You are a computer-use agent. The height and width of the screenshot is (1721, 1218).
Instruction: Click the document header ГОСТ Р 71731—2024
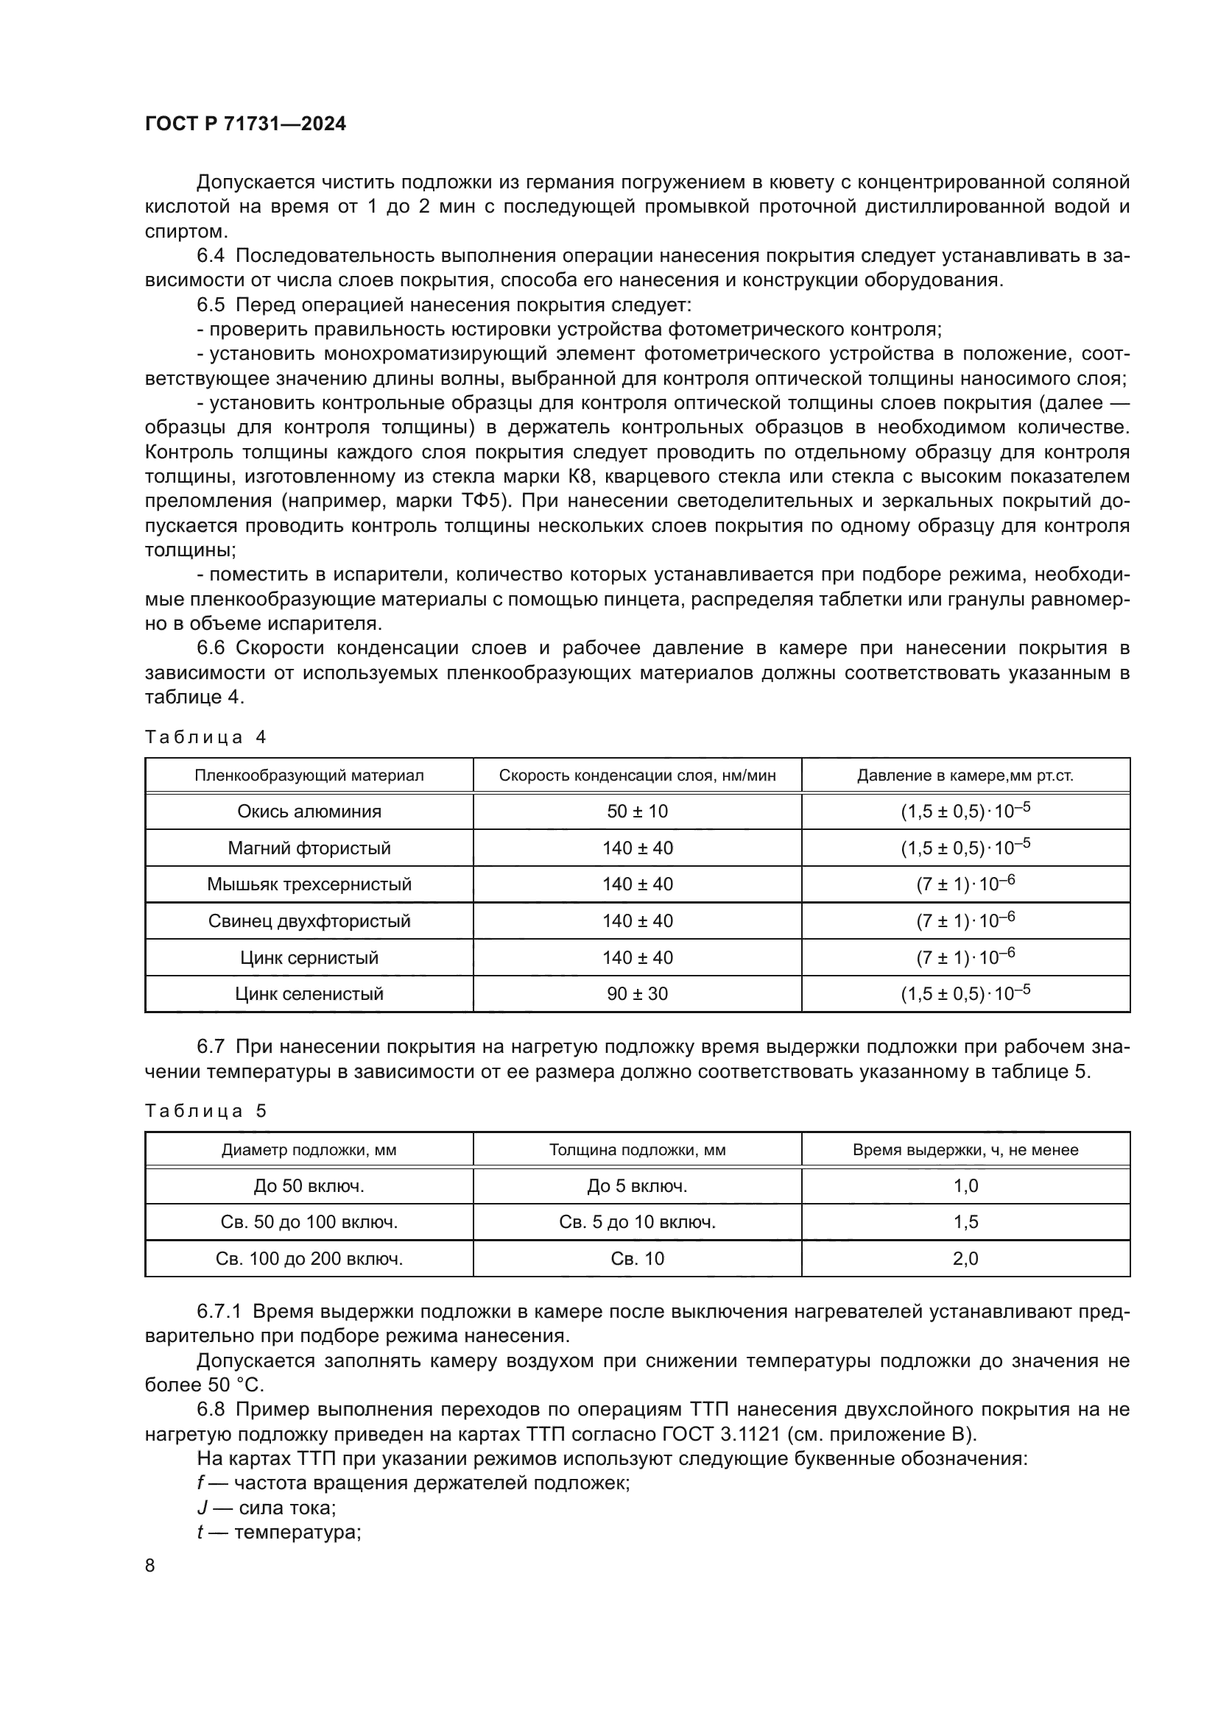(x=245, y=124)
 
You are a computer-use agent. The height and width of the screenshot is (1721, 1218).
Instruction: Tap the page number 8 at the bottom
(x=150, y=1565)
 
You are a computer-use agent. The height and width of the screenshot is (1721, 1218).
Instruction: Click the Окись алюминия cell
(x=309, y=811)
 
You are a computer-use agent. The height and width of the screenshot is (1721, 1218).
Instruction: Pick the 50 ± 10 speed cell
(x=637, y=811)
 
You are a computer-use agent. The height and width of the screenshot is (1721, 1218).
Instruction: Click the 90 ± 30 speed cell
(x=637, y=994)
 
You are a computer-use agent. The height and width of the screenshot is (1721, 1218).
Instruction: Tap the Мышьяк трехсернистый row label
(x=309, y=884)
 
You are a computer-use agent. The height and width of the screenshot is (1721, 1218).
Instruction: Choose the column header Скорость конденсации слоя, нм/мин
(x=637, y=776)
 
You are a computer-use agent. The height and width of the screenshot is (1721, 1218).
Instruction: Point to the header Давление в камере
(x=965, y=776)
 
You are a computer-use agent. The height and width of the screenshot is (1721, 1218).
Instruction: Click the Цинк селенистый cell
(x=309, y=994)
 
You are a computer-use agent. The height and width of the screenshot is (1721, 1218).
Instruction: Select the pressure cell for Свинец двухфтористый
(x=965, y=920)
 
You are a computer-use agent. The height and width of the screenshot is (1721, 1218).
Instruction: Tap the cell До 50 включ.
(x=309, y=1187)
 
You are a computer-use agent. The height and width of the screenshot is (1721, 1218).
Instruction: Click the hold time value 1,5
(x=965, y=1223)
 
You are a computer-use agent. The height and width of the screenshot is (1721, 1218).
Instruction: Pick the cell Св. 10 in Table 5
(x=637, y=1258)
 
